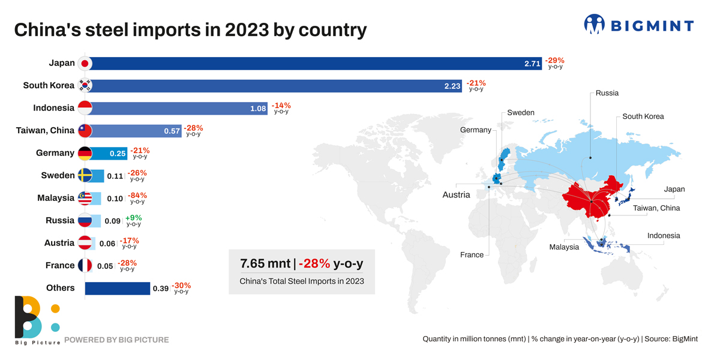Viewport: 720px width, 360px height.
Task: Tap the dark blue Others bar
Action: [x=118, y=289]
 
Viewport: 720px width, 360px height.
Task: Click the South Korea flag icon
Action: [x=85, y=86]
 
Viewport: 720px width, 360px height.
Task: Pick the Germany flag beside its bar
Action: [x=85, y=154]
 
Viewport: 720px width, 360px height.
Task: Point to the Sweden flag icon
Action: [x=85, y=176]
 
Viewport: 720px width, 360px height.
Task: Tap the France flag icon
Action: [x=85, y=265]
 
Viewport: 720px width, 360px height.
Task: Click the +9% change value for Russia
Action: [x=133, y=218]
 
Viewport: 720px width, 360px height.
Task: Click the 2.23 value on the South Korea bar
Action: [x=452, y=86]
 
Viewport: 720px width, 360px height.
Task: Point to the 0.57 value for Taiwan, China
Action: [x=172, y=131]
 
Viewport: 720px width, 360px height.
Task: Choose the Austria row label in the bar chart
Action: [x=59, y=243]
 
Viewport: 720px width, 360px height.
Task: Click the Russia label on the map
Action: [x=607, y=93]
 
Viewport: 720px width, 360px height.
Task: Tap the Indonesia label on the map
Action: [x=664, y=236]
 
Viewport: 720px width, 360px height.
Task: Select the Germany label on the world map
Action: [x=475, y=130]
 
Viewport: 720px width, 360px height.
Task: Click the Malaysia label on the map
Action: [x=564, y=247]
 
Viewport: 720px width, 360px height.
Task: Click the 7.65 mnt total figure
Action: [x=264, y=264]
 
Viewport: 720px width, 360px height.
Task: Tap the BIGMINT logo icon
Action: [x=594, y=25]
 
